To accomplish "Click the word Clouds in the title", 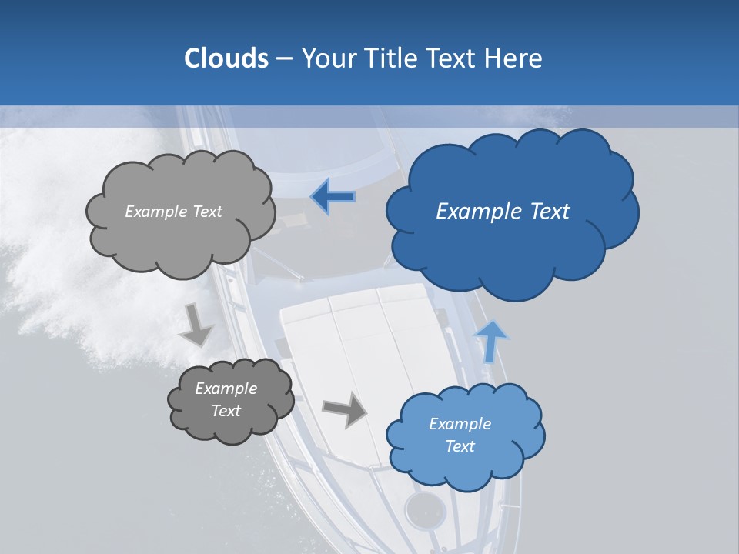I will [226, 58].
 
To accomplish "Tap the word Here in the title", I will [514, 58].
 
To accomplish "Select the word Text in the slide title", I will [452, 58].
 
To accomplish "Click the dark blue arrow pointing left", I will [333, 196].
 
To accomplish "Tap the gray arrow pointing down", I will [196, 325].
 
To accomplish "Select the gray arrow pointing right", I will [344, 409].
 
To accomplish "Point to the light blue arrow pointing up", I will [490, 341].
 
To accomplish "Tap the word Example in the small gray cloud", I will [226, 389].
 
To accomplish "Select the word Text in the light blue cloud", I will [460, 446].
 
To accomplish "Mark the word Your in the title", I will [327, 58].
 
